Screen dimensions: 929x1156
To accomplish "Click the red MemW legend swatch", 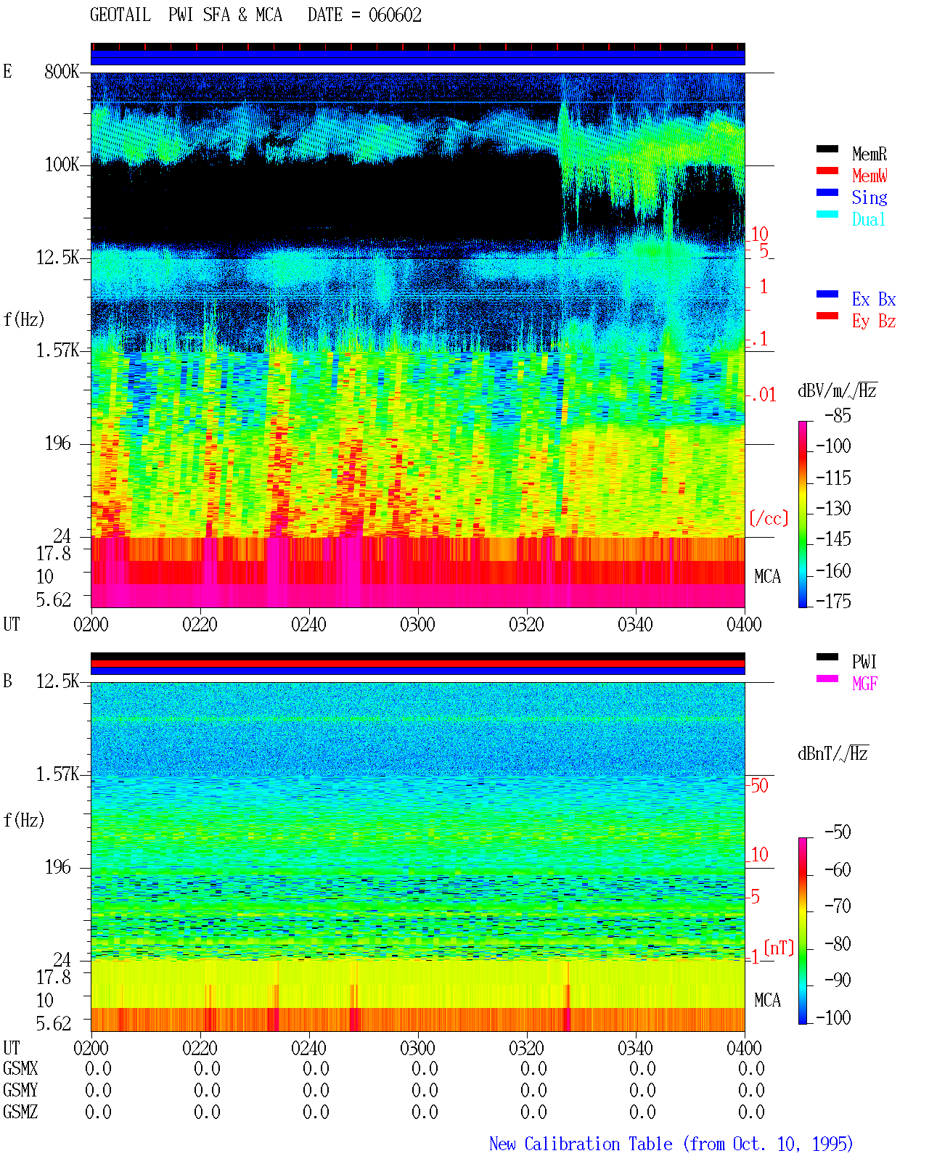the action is pos(827,171).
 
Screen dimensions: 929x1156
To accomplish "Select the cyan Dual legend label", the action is pos(868,219).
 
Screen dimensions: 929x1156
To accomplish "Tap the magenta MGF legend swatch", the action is pos(827,679).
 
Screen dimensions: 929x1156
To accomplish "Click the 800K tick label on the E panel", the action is pos(62,71).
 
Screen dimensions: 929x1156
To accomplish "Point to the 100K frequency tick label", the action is pos(62,165).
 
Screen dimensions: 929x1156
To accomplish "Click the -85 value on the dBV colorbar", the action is pos(838,415).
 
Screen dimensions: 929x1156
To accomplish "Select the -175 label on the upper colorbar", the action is pos(833,601).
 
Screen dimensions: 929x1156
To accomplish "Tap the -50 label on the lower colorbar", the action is pos(838,832).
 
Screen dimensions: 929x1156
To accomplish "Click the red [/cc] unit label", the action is pos(769,518).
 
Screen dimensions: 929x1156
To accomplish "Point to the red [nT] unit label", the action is pos(779,948).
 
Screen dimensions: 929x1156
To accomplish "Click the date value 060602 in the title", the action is pos(395,15).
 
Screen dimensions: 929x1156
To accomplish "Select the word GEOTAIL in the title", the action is pos(120,15).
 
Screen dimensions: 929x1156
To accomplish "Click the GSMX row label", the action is pos(20,1068).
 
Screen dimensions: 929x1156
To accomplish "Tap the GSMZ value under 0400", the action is pos(751,1112).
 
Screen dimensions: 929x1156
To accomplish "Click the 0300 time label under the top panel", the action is pos(417,624).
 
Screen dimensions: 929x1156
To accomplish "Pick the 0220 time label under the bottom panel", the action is pos(200,1048).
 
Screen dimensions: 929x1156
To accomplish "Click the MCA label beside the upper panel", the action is pos(767,576).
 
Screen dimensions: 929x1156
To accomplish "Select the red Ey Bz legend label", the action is pos(874,321).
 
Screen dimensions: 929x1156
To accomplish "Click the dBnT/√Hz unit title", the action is pos(833,753).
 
